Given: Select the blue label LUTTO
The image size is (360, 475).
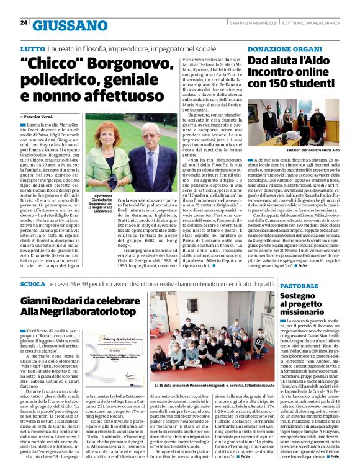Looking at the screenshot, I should [x=32, y=48].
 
